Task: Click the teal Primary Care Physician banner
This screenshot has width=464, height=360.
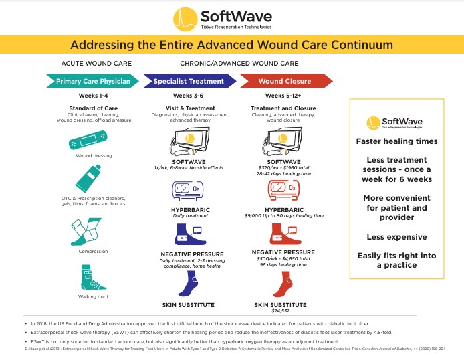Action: coord(92,81)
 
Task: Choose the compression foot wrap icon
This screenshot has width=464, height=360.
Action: coord(92,233)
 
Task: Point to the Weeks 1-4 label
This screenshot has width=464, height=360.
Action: coord(92,96)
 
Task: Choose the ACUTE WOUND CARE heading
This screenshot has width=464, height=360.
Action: coord(92,64)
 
